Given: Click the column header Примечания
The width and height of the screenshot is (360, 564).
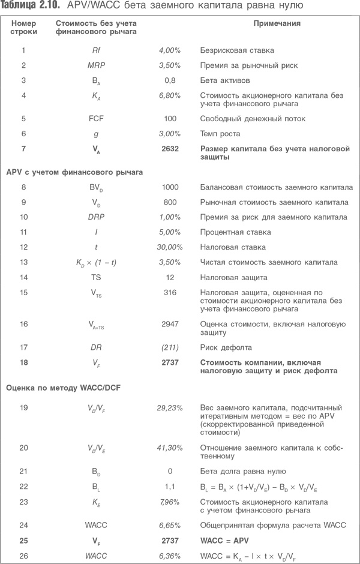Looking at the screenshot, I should (276, 25).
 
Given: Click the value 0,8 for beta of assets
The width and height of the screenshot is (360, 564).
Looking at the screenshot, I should (170, 80).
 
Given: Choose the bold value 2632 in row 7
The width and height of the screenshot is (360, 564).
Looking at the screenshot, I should (170, 148).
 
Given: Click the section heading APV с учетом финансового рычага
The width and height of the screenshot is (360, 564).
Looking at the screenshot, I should (74, 173).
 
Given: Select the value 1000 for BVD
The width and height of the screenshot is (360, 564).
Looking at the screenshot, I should (170, 188).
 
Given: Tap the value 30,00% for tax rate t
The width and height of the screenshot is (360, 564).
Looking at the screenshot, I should (169, 247).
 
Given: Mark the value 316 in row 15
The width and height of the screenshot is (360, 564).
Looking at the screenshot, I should (170, 293).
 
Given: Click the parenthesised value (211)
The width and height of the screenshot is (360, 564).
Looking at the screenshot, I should (170, 347).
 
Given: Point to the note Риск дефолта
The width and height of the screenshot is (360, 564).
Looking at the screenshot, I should (222, 347).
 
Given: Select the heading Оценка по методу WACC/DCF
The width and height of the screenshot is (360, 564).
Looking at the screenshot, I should (63, 388).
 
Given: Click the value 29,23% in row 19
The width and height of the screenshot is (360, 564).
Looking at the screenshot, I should (170, 408).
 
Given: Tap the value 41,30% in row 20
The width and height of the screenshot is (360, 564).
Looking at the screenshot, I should (170, 448).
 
